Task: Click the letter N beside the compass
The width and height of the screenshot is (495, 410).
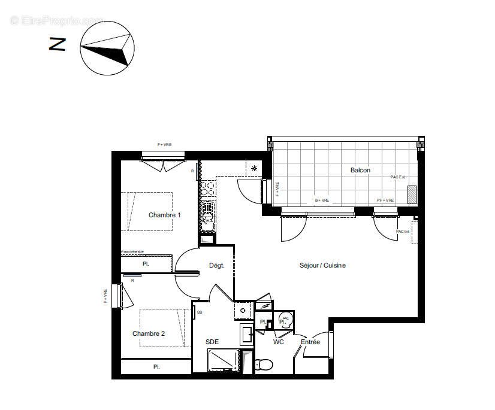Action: [x=58, y=44]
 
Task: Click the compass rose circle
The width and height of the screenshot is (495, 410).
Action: [x=106, y=48]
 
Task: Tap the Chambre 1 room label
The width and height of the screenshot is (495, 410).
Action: [x=164, y=215]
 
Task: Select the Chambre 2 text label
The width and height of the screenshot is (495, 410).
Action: [x=148, y=333]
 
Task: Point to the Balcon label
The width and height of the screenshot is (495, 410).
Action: [x=360, y=171]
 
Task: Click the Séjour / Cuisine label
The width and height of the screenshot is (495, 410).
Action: [x=323, y=265]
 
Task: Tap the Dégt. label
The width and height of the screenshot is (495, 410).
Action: [x=216, y=265]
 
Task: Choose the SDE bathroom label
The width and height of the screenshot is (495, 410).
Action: [x=212, y=342]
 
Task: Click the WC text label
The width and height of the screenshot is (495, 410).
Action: [x=279, y=342]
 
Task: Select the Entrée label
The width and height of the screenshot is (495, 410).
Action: [x=310, y=342]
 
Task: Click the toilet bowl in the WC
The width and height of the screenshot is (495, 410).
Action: [x=264, y=364]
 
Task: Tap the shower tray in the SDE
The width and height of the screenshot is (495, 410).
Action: [x=223, y=362]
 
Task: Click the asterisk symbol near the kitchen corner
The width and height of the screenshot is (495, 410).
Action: [x=254, y=168]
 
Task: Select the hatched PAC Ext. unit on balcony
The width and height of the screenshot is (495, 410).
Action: [x=412, y=195]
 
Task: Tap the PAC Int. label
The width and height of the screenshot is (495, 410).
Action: [x=402, y=232]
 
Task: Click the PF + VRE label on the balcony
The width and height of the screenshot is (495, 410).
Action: [x=385, y=200]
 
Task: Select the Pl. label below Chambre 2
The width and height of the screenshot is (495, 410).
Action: [x=156, y=366]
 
